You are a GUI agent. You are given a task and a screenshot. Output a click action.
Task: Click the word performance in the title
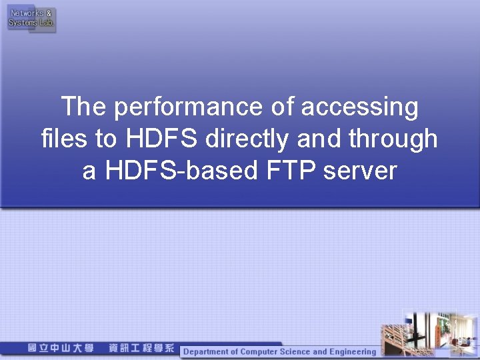click(189, 107)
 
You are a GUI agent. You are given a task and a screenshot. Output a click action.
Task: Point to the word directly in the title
click(246, 139)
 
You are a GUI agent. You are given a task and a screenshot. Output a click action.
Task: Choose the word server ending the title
click(361, 171)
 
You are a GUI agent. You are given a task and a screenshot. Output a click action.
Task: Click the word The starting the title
click(83, 107)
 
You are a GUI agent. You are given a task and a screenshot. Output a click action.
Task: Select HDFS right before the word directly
click(164, 139)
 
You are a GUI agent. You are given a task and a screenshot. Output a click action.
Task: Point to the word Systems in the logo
click(23, 23)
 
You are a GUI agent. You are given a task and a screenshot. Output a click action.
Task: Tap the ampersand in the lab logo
click(49, 13)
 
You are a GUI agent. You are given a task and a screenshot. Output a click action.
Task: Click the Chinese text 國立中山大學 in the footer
click(61, 349)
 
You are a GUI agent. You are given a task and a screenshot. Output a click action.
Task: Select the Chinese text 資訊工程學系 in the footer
click(141, 349)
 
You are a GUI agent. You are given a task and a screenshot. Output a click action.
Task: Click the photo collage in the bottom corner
click(429, 333)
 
